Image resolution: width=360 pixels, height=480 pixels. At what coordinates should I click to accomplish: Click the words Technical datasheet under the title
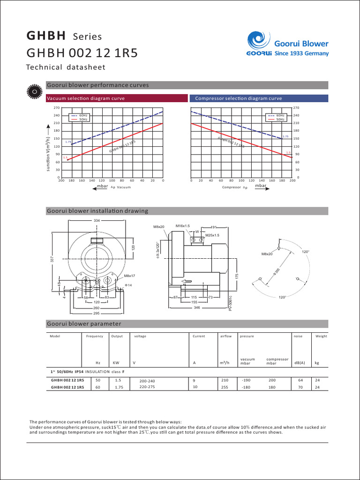pyautogui.click(x=66, y=67)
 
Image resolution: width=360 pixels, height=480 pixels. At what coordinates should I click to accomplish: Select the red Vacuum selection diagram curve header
pyautogui.click(x=85, y=98)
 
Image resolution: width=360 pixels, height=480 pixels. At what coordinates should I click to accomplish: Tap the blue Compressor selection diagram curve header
pyautogui.click(x=238, y=98)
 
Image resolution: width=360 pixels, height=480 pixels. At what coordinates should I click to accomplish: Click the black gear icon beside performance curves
pyautogui.click(x=34, y=91)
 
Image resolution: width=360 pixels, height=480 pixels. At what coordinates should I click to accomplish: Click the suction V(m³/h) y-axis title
pyautogui.click(x=47, y=148)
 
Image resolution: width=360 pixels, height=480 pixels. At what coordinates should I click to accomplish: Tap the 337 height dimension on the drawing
pyautogui.click(x=52, y=259)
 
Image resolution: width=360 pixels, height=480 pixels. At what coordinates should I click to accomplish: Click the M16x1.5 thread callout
pyautogui.click(x=182, y=226)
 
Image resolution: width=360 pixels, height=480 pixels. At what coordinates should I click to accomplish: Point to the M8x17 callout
pyautogui.click(x=130, y=276)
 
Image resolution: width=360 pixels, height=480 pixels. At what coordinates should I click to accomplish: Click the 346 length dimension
pyautogui.click(x=196, y=308)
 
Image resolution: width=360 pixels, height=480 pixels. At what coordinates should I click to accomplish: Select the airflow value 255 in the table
pyautogui.click(x=225, y=387)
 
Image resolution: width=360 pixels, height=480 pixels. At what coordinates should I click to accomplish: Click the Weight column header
pyautogui.click(x=321, y=336)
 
